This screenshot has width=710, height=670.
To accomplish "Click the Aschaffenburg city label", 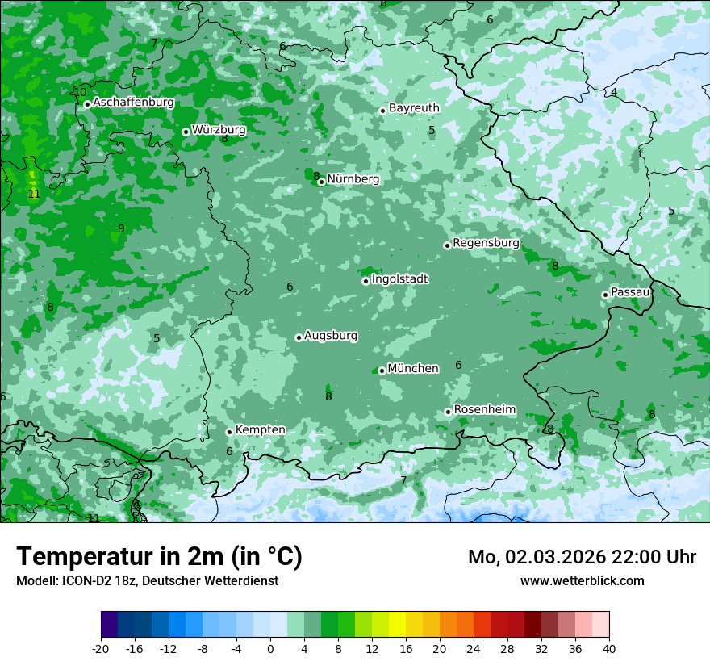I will point(133,103).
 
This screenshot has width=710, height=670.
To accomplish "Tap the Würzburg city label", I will point(219,129).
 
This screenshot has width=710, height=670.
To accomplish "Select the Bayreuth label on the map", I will point(414,108).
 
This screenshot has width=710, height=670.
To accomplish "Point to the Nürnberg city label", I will point(353,179).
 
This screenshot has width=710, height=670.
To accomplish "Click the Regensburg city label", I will point(486,243).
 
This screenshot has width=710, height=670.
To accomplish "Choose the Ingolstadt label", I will point(399,279).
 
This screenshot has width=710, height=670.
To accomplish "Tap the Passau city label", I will point(630,292).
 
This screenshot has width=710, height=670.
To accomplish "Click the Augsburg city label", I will point(331,336).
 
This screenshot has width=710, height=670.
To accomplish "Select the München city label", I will point(413,369).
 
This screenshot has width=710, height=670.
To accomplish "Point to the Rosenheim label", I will point(484,410).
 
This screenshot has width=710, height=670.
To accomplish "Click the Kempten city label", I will point(260,430).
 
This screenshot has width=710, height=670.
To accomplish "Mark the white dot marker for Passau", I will point(605,295).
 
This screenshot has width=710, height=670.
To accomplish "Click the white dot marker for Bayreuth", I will point(382,111).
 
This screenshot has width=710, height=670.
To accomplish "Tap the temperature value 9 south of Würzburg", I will point(121,228).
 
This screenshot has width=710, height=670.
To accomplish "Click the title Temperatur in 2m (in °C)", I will point(160,557).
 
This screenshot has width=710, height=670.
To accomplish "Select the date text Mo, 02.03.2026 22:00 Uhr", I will point(582,557).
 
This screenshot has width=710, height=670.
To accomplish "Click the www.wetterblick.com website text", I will point(582,580).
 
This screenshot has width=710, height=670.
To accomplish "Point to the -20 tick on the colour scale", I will point(101,648).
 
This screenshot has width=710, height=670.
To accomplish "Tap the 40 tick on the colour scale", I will point(608,648).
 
